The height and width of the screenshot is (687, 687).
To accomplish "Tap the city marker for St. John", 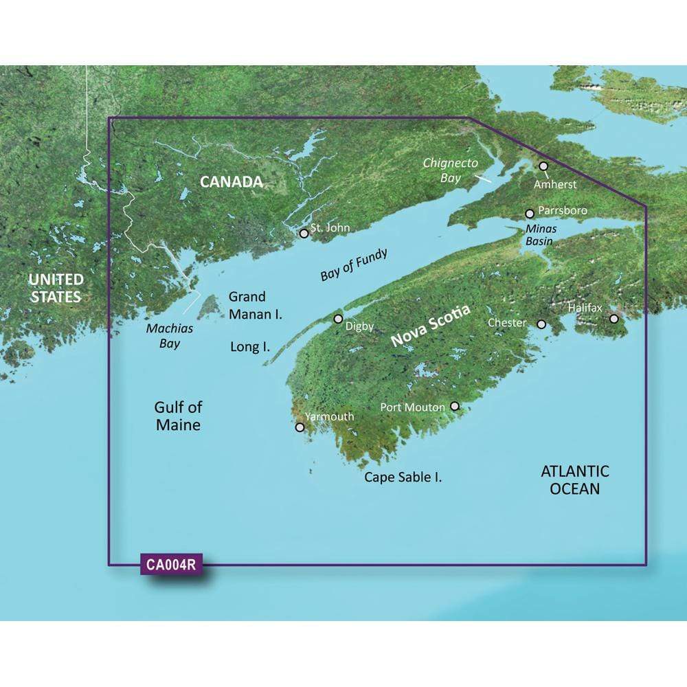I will pyautogui.click(x=304, y=234).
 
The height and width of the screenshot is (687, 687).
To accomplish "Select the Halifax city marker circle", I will pyautogui.click(x=613, y=319).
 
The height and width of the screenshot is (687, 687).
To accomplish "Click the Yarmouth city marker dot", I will pyautogui.click(x=300, y=427).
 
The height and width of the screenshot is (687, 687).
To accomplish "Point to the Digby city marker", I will pyautogui.click(x=338, y=319).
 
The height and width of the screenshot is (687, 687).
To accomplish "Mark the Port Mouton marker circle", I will pyautogui.click(x=454, y=407).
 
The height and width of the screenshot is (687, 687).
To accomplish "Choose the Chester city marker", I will pyautogui.click(x=541, y=324).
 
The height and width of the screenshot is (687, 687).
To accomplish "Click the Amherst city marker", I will pyautogui.click(x=543, y=166).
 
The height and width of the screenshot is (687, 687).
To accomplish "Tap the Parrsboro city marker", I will pyautogui.click(x=530, y=214).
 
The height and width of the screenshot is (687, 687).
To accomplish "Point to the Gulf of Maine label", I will pyautogui.click(x=177, y=416).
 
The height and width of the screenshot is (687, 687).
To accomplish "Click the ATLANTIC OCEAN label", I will pyautogui.click(x=575, y=480).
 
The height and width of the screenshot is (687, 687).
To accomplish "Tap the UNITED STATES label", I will pyautogui.click(x=56, y=288).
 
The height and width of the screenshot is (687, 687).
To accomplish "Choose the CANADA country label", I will pyautogui.click(x=232, y=182).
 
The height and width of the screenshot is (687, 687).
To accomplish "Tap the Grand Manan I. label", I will pyautogui.click(x=256, y=305).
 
